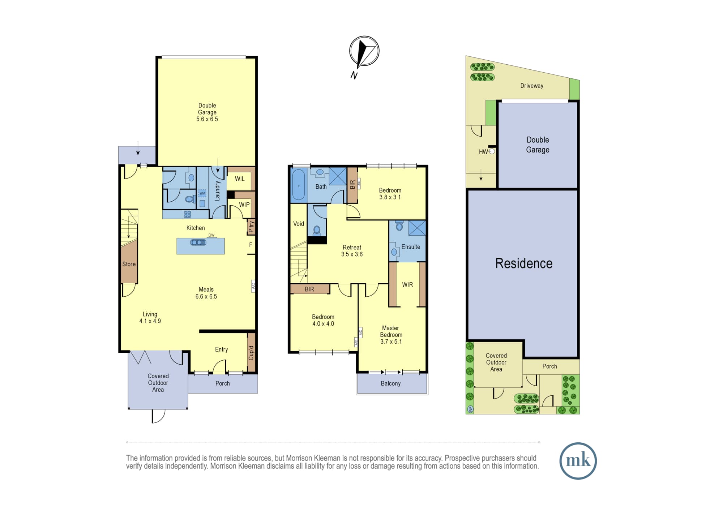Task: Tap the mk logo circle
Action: [x=578, y=461]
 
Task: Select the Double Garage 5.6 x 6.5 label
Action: [x=207, y=112]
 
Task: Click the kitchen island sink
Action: [x=198, y=242]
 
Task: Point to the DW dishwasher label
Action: [x=211, y=235]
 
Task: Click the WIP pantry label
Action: [x=244, y=205]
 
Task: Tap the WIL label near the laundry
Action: [x=240, y=179]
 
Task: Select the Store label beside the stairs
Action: [x=129, y=264]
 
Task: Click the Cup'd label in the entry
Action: [x=251, y=353]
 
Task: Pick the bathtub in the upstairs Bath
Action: [x=299, y=185]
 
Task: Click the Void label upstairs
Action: [x=299, y=224]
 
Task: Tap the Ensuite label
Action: [x=411, y=247]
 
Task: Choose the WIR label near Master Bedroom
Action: [x=407, y=285]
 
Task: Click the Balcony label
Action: [x=391, y=383]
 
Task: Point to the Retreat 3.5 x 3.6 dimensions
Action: [x=352, y=254]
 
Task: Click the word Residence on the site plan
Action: [x=524, y=263]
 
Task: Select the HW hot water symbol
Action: [x=487, y=152]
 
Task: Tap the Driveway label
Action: [x=532, y=86]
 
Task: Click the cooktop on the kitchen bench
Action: [x=187, y=214]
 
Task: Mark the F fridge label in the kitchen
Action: [x=251, y=245]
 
